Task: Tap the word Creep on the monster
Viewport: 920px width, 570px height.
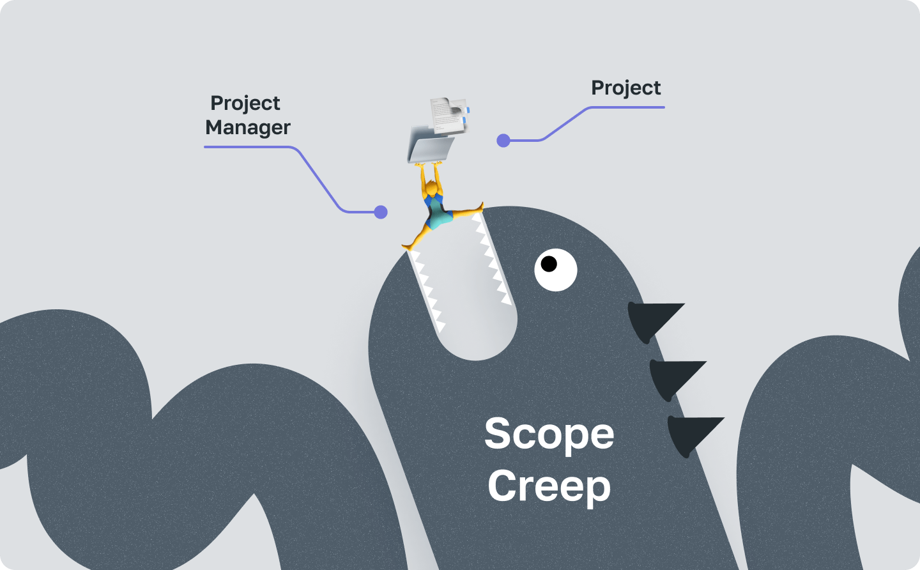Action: (549, 487)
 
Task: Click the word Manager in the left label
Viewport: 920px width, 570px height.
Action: (248, 128)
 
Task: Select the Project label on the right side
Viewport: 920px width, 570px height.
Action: (625, 88)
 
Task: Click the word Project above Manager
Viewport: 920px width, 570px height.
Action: (245, 103)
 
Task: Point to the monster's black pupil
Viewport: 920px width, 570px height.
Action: (549, 263)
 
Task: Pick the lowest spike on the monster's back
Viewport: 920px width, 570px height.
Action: (691, 433)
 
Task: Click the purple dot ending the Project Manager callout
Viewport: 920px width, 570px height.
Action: (381, 212)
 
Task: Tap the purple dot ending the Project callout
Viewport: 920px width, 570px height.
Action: (503, 141)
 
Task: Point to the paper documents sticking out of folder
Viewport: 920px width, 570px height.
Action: (449, 114)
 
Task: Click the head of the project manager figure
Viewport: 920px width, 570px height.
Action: (433, 190)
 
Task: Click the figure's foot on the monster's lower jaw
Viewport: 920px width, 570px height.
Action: (407, 247)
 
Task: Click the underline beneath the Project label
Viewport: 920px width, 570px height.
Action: (626, 107)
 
